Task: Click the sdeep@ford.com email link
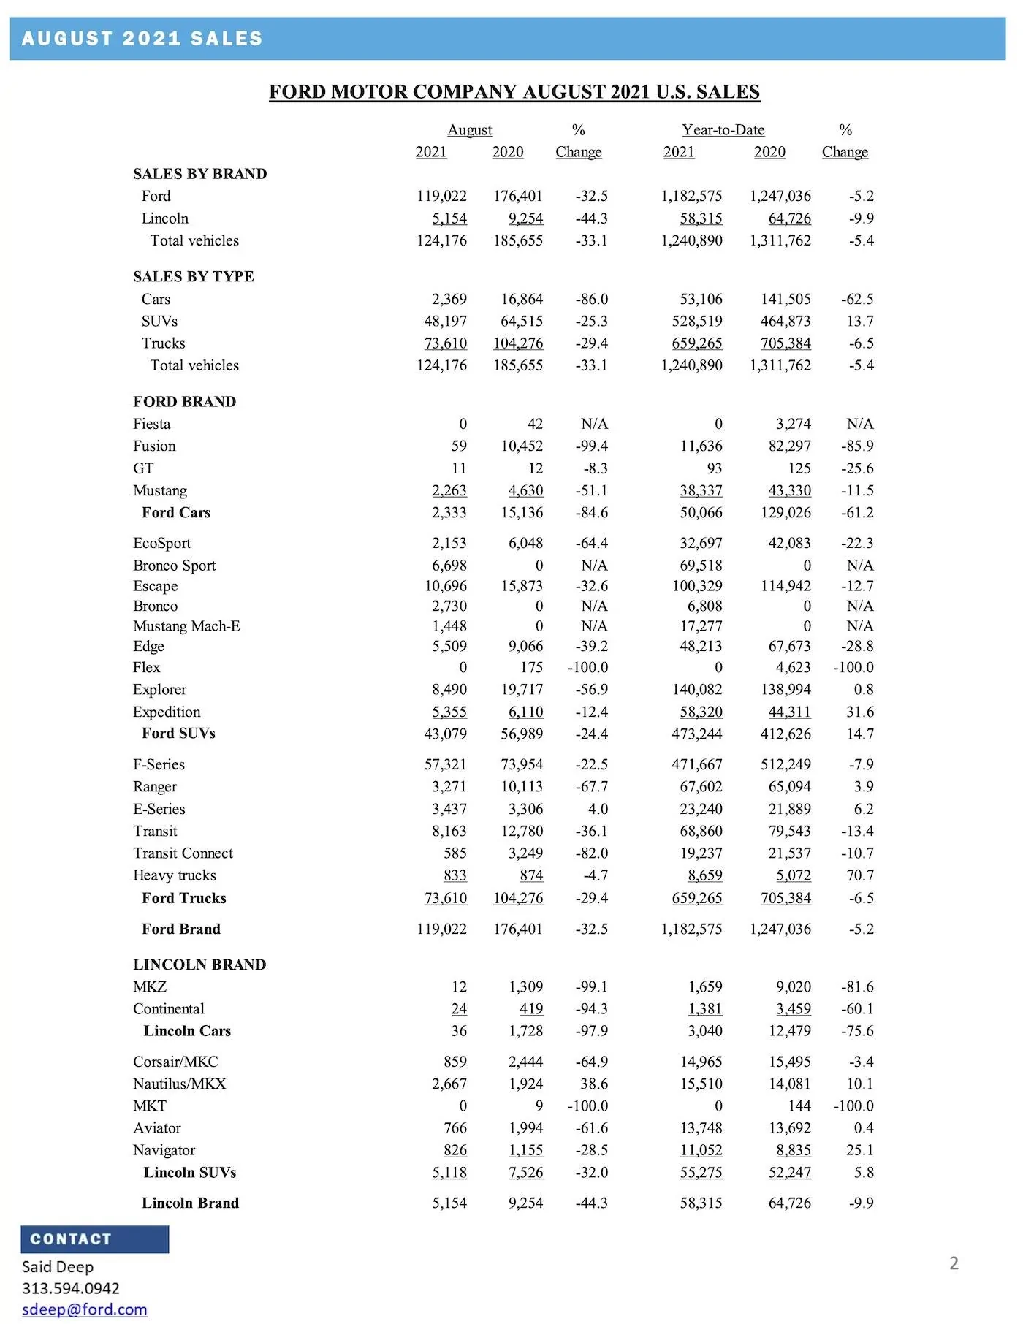(x=85, y=1309)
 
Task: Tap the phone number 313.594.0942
(x=71, y=1287)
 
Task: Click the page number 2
(x=954, y=1263)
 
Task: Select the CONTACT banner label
(x=71, y=1239)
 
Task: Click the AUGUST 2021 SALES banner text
(x=142, y=39)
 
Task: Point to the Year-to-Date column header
(x=723, y=130)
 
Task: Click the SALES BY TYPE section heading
(x=194, y=276)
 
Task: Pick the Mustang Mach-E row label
(x=186, y=626)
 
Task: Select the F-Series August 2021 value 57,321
(x=445, y=764)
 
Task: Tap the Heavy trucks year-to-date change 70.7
(x=860, y=875)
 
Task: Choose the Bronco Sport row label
(x=175, y=566)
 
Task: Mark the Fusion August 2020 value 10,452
(x=522, y=446)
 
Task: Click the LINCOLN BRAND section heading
(x=199, y=965)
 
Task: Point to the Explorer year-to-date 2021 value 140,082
(x=696, y=690)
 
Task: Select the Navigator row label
(x=164, y=1150)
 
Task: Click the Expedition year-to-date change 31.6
(x=860, y=712)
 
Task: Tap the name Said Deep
(x=58, y=1266)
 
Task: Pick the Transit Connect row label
(x=183, y=853)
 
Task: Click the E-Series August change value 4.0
(x=598, y=809)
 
